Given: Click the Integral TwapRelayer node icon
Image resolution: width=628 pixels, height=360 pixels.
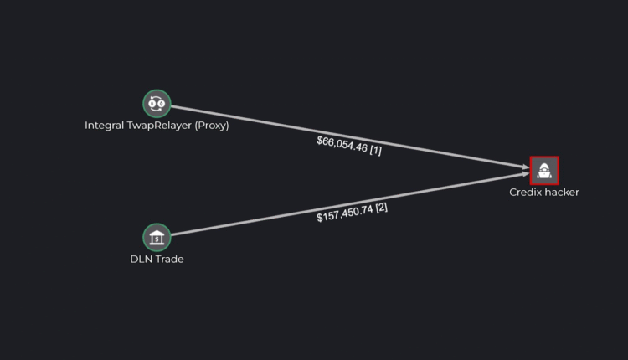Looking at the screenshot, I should (x=157, y=104).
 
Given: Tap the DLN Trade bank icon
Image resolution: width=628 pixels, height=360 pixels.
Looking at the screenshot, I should (x=157, y=238).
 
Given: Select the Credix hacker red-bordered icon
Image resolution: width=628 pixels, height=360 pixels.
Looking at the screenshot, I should (x=544, y=171).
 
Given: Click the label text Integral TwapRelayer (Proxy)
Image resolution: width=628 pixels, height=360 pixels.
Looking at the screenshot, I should (x=157, y=126).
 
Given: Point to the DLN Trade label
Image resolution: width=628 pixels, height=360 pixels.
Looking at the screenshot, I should (x=157, y=259).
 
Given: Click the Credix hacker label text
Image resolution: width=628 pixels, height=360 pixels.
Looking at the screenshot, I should (x=544, y=192).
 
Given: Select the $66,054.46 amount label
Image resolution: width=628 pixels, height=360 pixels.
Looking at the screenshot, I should (x=342, y=144).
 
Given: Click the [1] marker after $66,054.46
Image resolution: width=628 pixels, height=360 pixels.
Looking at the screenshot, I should (x=375, y=150).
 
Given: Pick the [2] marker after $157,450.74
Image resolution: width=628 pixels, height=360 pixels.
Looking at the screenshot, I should (x=381, y=207).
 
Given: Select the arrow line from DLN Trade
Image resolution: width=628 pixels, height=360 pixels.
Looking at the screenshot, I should (x=251, y=221).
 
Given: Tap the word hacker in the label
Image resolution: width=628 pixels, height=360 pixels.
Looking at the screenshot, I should (x=561, y=192).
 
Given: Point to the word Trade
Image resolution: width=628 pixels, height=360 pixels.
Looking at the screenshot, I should (x=168, y=259).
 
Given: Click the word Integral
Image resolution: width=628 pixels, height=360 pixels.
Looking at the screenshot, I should (x=104, y=126).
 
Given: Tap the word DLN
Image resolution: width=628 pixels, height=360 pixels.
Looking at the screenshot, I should (x=140, y=259).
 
